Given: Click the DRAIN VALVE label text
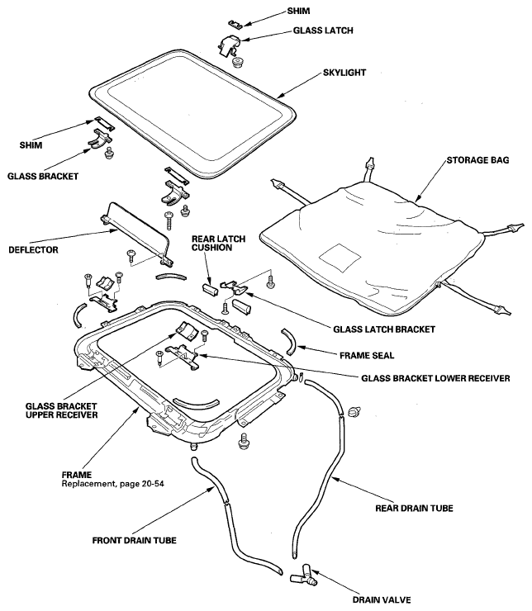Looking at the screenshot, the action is pyautogui.click(x=382, y=599).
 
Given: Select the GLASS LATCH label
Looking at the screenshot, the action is pyautogui.click(x=323, y=31).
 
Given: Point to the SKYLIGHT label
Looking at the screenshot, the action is pyautogui.click(x=344, y=73).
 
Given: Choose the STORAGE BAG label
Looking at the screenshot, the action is pyautogui.click(x=477, y=159).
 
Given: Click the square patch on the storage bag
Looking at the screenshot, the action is pyautogui.click(x=340, y=257).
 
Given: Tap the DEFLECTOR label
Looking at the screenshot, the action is pyautogui.click(x=33, y=250).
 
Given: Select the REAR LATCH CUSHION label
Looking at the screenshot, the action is pyautogui.click(x=218, y=243).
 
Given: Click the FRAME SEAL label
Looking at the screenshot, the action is pyautogui.click(x=367, y=355).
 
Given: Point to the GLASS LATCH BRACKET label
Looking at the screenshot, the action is pyautogui.click(x=384, y=329).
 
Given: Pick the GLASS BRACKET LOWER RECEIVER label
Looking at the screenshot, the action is pyautogui.click(x=435, y=378).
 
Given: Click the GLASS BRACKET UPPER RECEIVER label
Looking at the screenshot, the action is pyautogui.click(x=62, y=410).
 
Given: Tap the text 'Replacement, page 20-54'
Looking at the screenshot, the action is pyautogui.click(x=112, y=484).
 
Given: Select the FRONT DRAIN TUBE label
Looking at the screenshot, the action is pyautogui.click(x=134, y=541).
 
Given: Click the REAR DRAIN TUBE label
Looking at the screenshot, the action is pyautogui.click(x=415, y=508).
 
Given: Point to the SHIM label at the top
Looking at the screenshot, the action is pyautogui.click(x=298, y=11).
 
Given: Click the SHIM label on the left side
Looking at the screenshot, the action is pyautogui.click(x=31, y=145).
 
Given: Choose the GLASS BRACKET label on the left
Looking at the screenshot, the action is pyautogui.click(x=43, y=176).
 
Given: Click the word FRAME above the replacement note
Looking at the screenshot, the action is pyautogui.click(x=77, y=475).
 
